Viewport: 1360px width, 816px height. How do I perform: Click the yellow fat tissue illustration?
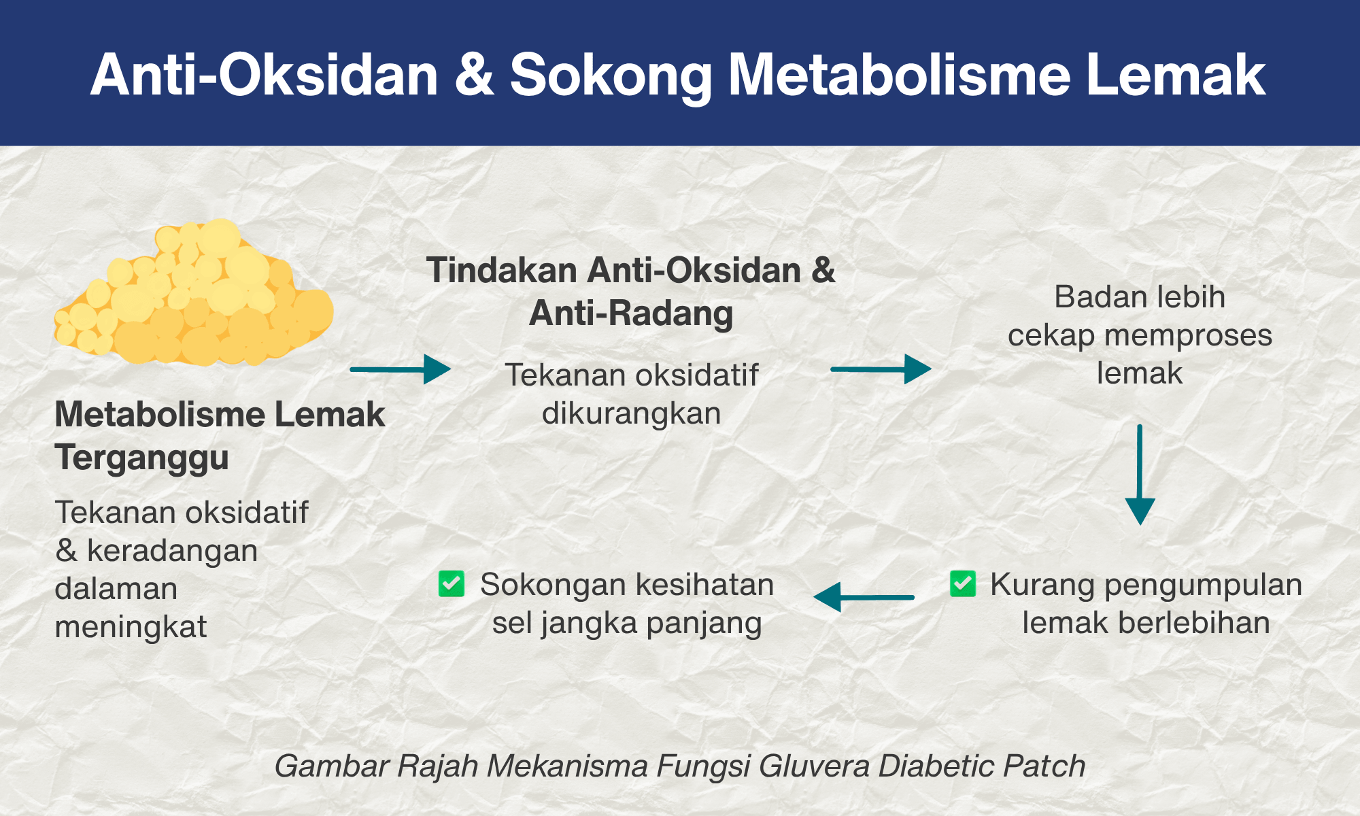pyautogui.click(x=194, y=293)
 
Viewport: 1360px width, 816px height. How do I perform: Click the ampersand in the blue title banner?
pyautogui.click(x=474, y=75)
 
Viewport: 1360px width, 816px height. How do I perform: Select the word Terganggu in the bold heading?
pyautogui.click(x=141, y=458)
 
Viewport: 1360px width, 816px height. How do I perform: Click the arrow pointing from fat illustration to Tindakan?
pyautogui.click(x=401, y=369)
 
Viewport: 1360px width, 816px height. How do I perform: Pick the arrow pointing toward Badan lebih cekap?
pyautogui.click(x=881, y=369)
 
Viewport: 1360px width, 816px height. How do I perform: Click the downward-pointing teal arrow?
pyautogui.click(x=1140, y=475)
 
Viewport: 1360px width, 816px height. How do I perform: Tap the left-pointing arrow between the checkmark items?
pyautogui.click(x=864, y=598)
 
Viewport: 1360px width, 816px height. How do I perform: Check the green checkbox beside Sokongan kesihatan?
pyautogui.click(x=452, y=583)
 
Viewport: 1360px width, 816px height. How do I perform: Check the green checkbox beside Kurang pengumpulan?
pyautogui.click(x=963, y=583)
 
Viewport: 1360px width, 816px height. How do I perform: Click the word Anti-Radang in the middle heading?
pyautogui.click(x=631, y=313)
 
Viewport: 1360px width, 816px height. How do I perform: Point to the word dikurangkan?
pyautogui.click(x=631, y=413)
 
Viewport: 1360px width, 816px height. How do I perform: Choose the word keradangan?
pyautogui.click(x=172, y=551)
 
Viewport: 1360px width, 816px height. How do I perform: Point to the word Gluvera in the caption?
pyautogui.click(x=814, y=766)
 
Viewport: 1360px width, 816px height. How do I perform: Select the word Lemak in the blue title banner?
pyautogui.click(x=1176, y=75)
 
